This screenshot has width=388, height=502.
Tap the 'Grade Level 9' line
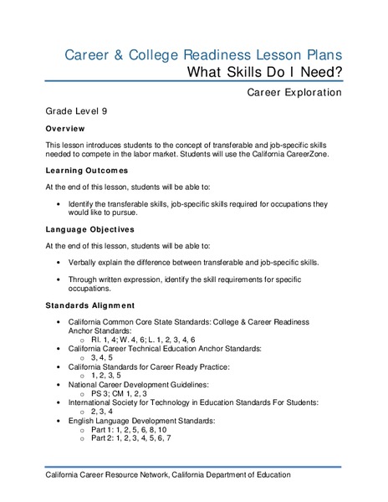77,111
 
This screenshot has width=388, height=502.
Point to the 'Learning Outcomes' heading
86,170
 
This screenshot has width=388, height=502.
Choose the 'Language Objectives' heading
91,228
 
